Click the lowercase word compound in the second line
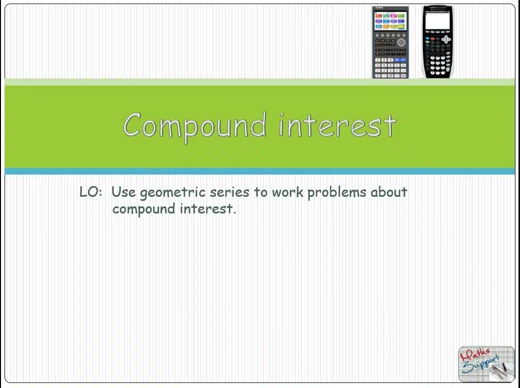coord(144,209)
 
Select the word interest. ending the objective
coord(208,208)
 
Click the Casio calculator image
coord(390,42)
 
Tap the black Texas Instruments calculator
coord(438,42)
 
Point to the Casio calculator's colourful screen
coord(390,21)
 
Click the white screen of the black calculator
coord(437,21)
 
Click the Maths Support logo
coord(487,364)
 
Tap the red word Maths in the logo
coord(475,356)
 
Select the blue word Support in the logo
coord(481,365)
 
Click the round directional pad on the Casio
coord(401,42)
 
